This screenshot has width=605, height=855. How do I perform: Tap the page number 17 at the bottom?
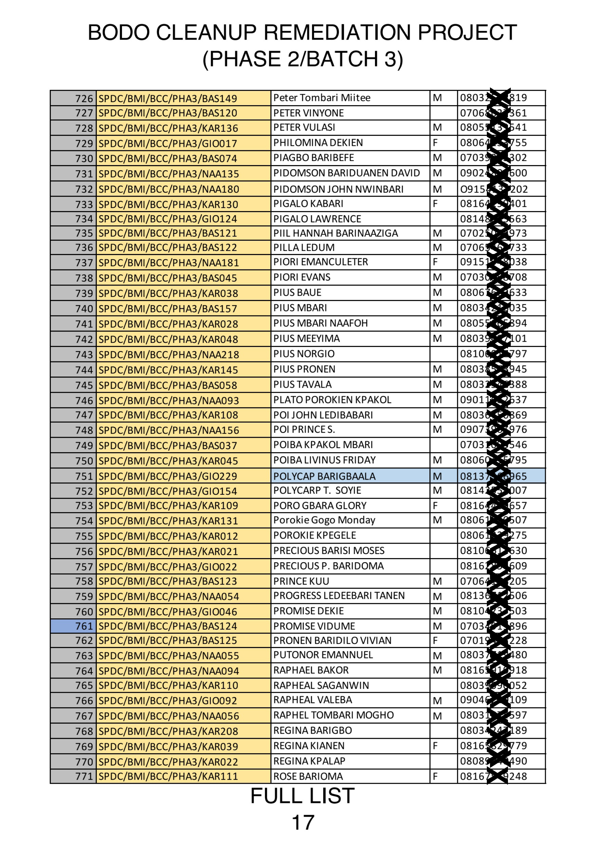click(302, 822)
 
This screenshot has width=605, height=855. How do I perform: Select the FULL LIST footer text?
click(302, 796)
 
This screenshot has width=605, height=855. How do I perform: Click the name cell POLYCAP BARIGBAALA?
click(324, 476)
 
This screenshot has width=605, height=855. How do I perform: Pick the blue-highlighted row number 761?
click(84, 626)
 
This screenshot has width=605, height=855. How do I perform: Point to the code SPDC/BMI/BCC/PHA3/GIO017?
click(168, 143)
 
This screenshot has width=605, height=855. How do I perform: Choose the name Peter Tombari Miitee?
click(322, 98)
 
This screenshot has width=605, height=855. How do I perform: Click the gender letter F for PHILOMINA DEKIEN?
click(435, 143)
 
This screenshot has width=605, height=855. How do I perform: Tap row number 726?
click(84, 99)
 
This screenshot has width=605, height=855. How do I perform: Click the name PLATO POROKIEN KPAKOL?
click(332, 400)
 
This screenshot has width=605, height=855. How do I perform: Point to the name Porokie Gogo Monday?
click(324, 520)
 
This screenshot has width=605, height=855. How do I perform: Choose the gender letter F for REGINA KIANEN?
click(435, 746)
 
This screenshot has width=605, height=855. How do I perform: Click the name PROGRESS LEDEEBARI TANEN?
click(339, 596)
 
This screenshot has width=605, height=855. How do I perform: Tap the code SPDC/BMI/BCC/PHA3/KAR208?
click(168, 731)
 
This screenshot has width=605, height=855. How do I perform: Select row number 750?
click(84, 461)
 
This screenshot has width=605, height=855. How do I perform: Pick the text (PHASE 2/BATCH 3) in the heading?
click(302, 59)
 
